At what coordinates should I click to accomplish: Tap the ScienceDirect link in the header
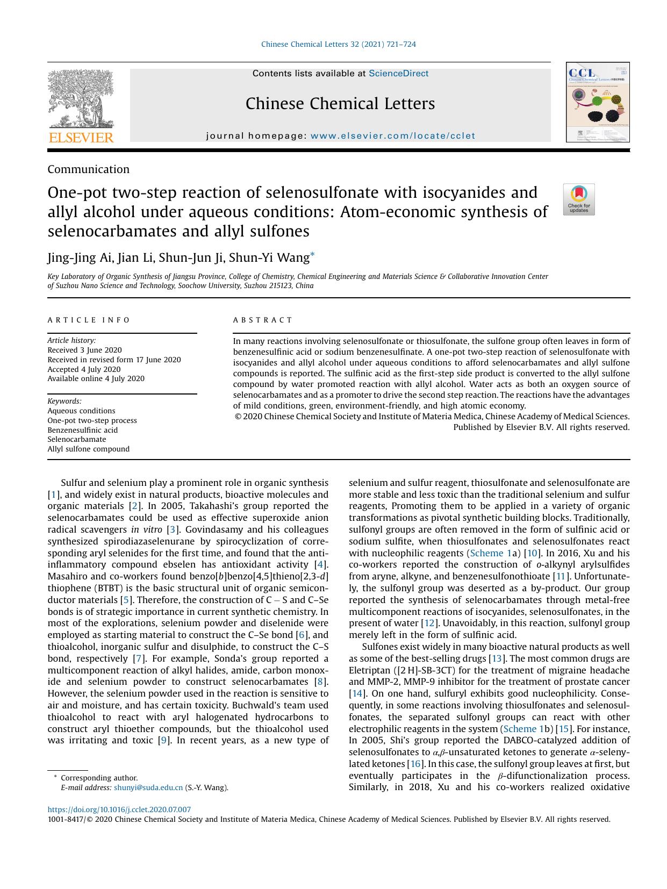398,74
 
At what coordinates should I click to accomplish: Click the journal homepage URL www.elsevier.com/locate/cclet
393,136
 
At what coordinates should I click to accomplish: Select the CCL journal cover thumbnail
597,102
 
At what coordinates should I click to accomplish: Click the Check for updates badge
578,199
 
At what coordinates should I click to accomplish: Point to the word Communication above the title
89,169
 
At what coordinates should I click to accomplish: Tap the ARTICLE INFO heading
89,320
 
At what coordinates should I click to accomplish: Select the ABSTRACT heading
262,320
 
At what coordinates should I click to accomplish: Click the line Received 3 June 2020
84,350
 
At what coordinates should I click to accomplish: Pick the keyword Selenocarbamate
76,439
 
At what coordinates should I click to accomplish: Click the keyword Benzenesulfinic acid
82,430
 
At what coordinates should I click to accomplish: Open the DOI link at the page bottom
119,809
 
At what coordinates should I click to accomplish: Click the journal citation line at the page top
338,45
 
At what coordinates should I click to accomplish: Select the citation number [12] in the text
429,623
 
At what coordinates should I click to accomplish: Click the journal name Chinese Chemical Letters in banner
340,104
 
